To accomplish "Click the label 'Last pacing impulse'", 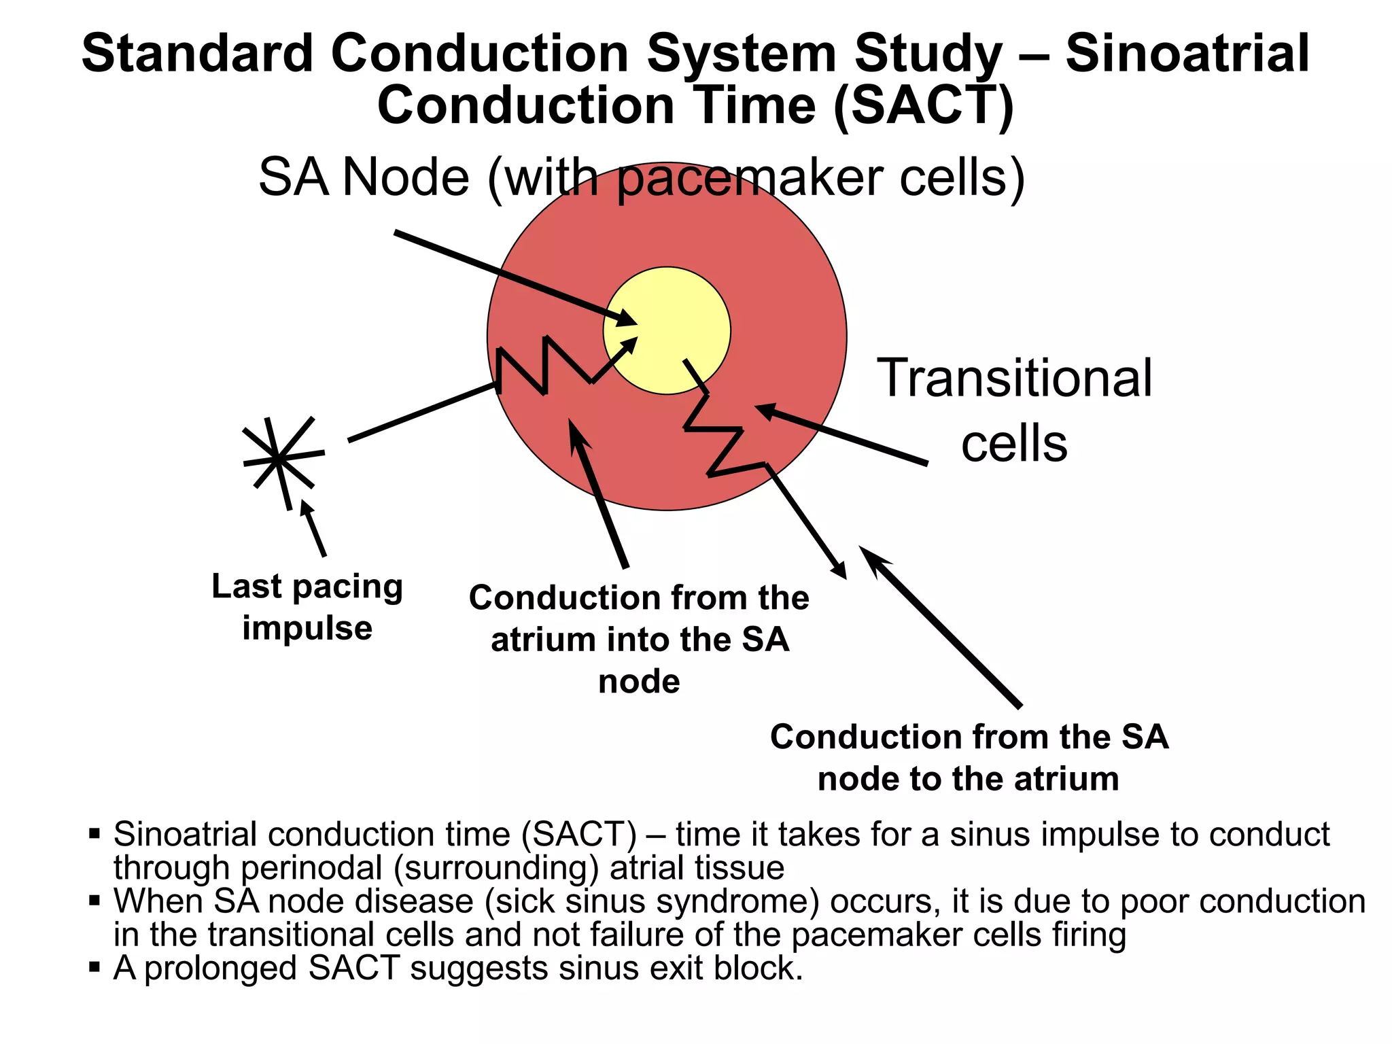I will click(307, 606).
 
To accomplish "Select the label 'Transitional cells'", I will click(1014, 410).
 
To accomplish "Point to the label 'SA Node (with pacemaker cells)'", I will click(642, 177).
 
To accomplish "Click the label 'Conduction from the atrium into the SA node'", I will click(639, 639).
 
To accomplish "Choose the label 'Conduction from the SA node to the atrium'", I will click(969, 757).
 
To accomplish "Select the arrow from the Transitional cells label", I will click(843, 435).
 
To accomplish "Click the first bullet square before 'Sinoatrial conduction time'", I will click(94, 833).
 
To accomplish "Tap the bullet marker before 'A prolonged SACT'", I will click(94, 967).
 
